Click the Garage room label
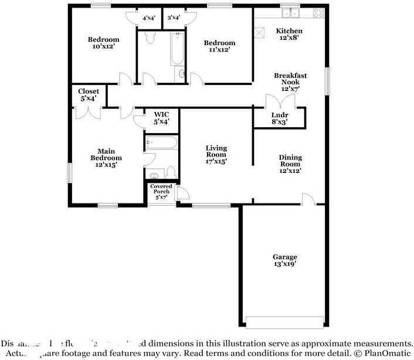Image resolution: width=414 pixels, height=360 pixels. coord(284,260)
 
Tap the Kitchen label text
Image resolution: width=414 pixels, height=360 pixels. coord(289,34)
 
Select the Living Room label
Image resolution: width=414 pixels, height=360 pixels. coord(216,154)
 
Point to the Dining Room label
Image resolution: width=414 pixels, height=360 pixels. coord(290,164)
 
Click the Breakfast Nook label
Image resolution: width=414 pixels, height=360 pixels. coord(290,82)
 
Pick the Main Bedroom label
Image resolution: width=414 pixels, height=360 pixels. coord(106,158)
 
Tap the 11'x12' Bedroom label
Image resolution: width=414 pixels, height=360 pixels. coord(219,46)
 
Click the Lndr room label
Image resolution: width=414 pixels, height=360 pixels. coord(280,118)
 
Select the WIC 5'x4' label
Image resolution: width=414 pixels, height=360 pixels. coord(161,118)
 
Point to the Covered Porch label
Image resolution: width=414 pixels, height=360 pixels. coord(161,192)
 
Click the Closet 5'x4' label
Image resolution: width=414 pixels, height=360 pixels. coord(89,94)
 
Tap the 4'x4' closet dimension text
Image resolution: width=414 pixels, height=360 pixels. coord(148,18)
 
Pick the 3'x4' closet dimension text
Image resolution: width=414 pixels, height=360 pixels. coord(173,18)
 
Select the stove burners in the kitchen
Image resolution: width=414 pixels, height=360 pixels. coord(318,12)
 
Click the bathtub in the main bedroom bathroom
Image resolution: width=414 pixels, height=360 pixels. coord(161,142)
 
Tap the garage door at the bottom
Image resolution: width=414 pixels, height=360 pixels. coord(284,322)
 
